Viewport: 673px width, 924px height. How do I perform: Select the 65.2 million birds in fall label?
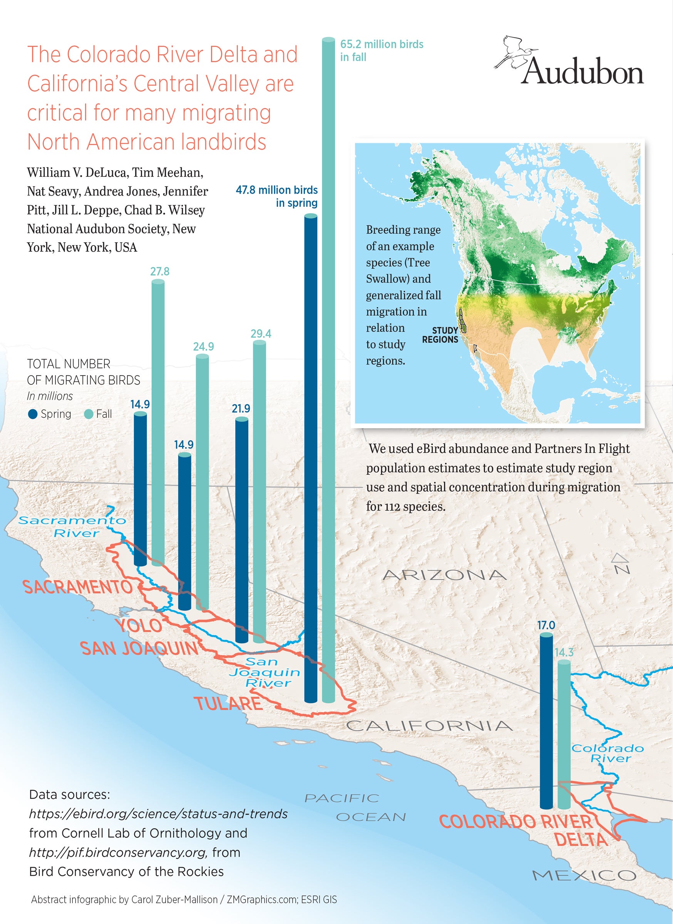pyautogui.click(x=381, y=50)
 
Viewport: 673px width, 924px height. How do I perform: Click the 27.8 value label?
pyautogui.click(x=160, y=271)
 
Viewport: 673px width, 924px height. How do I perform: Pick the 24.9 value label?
pyautogui.click(x=203, y=346)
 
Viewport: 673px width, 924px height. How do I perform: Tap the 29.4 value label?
pyautogui.click(x=261, y=334)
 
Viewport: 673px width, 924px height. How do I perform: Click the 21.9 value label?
pyautogui.click(x=241, y=408)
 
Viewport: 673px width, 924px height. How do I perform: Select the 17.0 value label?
pyautogui.click(x=546, y=625)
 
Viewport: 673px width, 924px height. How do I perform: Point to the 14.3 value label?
pyautogui.click(x=564, y=652)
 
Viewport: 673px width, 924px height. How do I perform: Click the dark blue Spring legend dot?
pyautogui.click(x=33, y=414)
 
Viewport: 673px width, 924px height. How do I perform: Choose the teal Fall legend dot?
pyautogui.click(x=89, y=414)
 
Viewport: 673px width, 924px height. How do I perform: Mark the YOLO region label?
pyautogui.click(x=139, y=626)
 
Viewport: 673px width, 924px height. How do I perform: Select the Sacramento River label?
pyautogui.click(x=72, y=526)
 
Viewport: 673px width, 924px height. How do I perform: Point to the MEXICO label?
pyautogui.click(x=584, y=875)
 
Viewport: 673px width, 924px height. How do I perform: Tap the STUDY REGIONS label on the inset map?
pyautogui.click(x=440, y=335)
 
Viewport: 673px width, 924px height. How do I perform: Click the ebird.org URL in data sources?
pyautogui.click(x=158, y=814)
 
